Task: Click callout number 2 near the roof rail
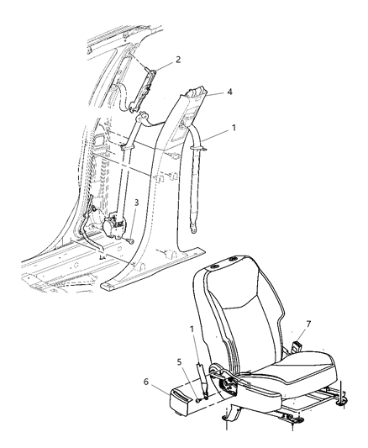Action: coord(178,60)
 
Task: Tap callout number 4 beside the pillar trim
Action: coord(229,92)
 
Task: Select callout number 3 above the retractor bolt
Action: coord(136,203)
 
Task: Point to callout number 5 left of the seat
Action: coord(179,362)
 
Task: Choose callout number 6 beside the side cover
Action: coord(146,382)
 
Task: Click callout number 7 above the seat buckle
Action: coord(308,324)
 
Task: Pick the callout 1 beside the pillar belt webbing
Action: coord(234,128)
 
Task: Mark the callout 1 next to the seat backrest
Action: coord(192,329)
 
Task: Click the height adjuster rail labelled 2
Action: coord(142,90)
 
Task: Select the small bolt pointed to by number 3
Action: coord(131,241)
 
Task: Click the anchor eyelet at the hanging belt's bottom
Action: coord(192,228)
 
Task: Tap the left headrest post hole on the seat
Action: coord(213,266)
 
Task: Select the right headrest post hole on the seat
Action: coord(234,260)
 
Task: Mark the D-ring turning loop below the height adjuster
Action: coord(142,117)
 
